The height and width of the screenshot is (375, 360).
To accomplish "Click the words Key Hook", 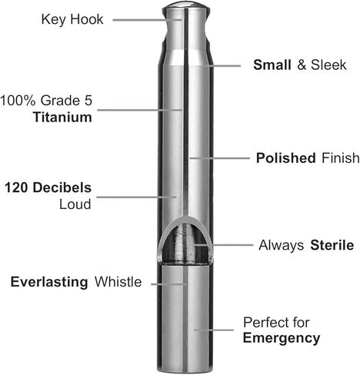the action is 72,20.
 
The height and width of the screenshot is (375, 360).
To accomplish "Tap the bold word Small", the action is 272,65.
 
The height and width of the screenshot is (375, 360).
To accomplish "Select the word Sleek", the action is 328,65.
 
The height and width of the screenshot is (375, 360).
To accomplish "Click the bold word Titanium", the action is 62,118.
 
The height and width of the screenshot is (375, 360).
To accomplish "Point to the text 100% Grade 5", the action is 46,100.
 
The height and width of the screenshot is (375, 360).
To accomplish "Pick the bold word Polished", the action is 286,158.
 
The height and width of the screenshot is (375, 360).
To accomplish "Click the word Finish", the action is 341,158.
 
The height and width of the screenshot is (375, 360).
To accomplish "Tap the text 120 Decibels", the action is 48,187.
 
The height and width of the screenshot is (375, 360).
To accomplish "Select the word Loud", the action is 75,204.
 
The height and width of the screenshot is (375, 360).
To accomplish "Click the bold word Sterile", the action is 332,245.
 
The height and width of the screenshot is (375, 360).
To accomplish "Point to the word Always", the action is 282,246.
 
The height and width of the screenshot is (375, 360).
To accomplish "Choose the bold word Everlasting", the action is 49,282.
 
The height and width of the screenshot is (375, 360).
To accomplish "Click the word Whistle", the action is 118,282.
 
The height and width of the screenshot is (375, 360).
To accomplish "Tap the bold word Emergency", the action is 282,338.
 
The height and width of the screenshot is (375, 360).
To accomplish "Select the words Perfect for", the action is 276,322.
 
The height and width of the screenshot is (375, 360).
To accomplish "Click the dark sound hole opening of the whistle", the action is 185,244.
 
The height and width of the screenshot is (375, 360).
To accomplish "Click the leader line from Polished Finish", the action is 220,158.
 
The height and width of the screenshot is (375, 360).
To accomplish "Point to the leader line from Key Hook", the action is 147,20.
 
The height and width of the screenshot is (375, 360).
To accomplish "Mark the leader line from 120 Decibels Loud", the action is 137,197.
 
